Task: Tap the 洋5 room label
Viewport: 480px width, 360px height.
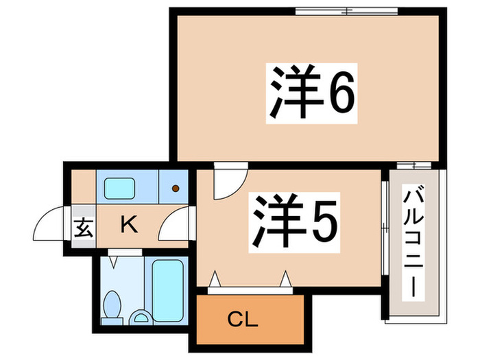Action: (296, 221)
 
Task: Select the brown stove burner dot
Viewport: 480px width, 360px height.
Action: (176, 188)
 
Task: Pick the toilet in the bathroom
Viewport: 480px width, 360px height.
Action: (113, 304)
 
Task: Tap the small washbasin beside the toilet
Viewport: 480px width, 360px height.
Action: (142, 316)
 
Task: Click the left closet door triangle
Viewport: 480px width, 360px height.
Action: (215, 279)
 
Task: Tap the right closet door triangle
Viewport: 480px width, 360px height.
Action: (286, 279)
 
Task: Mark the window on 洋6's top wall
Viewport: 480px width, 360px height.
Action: (346, 10)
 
